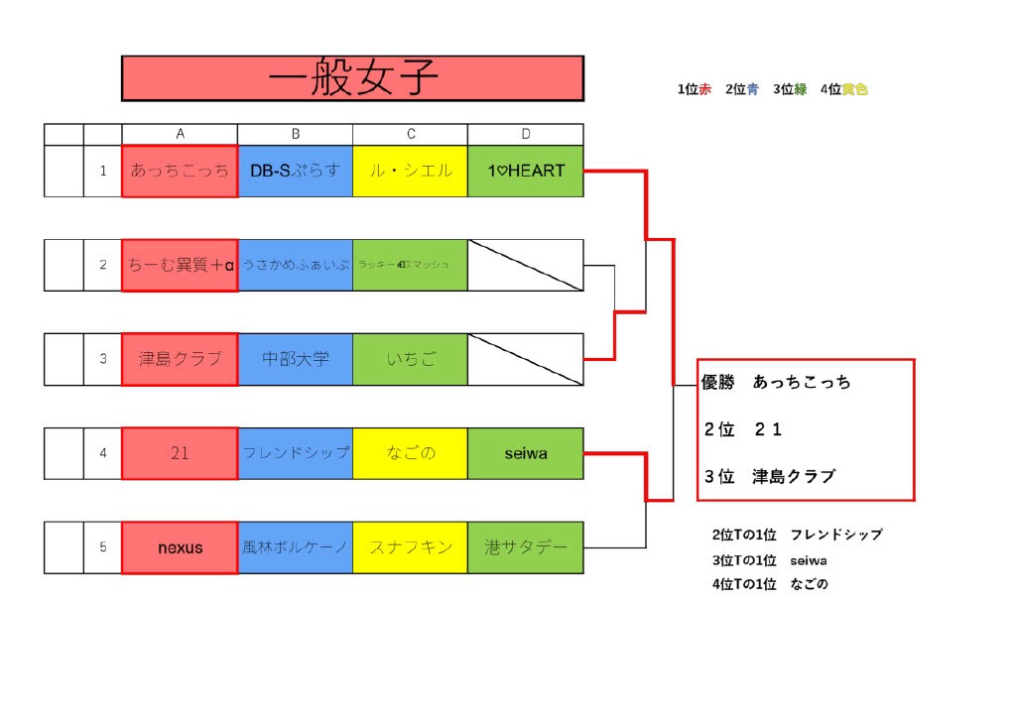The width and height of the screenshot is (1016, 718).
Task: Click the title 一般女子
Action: click(x=352, y=78)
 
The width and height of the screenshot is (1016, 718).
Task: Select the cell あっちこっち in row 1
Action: click(x=180, y=171)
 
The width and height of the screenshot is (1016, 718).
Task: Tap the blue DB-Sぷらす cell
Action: click(x=295, y=171)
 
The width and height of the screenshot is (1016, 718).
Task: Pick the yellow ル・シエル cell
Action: click(x=410, y=171)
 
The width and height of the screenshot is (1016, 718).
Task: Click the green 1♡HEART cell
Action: click(x=525, y=171)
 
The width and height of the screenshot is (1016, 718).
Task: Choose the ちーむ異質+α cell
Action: click(x=180, y=265)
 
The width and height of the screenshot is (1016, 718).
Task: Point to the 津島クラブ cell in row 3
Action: click(x=180, y=359)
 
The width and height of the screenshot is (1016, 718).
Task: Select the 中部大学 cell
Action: click(x=295, y=359)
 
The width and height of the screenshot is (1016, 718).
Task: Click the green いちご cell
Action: click(x=410, y=359)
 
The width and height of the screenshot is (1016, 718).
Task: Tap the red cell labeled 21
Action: click(x=180, y=453)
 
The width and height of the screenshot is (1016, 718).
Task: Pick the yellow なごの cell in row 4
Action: click(x=410, y=453)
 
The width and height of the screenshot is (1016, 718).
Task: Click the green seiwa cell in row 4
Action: click(x=525, y=453)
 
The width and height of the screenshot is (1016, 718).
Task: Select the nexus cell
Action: click(x=180, y=547)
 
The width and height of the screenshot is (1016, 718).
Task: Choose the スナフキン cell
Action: click(x=410, y=547)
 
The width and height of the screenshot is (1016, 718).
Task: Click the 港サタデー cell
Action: click(x=525, y=547)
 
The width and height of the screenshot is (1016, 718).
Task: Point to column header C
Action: click(x=410, y=134)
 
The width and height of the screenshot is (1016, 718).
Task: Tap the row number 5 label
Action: click(x=102, y=547)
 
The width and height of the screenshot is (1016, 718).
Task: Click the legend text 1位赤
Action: click(x=694, y=89)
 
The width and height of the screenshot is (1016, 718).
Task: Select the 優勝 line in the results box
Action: click(x=776, y=382)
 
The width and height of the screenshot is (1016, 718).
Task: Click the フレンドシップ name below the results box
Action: click(x=835, y=535)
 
